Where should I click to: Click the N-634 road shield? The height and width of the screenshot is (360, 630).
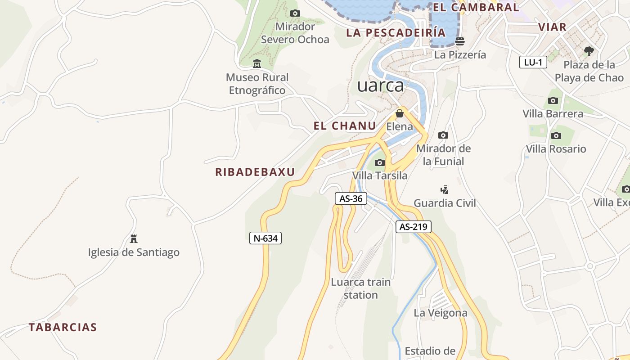click(x=265, y=238)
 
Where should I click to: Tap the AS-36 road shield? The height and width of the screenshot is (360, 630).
click(x=351, y=198)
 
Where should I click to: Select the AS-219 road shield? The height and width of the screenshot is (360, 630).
click(x=413, y=227)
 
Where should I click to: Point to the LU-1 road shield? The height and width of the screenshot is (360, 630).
click(x=533, y=62)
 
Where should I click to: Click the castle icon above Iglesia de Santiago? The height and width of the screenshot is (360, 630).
click(x=133, y=238)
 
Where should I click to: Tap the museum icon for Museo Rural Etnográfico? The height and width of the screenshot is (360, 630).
click(x=257, y=64)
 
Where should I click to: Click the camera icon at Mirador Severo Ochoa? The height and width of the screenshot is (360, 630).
click(x=295, y=13)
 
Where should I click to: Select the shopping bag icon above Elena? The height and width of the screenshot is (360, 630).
click(x=399, y=113)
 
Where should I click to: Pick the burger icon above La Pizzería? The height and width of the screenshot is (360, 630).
click(x=460, y=41)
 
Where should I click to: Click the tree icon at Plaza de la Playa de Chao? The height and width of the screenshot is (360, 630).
click(x=589, y=51)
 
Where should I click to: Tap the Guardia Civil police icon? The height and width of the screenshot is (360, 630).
click(x=444, y=189)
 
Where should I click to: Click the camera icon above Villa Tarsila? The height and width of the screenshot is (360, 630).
click(x=380, y=162)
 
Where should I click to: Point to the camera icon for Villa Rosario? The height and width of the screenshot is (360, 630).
click(x=556, y=135)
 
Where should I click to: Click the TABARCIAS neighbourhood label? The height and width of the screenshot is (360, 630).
click(x=63, y=327)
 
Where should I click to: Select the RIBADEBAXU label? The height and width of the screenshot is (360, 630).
click(x=255, y=172)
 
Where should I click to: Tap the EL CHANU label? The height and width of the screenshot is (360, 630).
click(x=345, y=126)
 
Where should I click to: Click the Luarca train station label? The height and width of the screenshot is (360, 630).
click(x=360, y=288)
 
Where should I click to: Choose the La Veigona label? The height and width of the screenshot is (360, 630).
click(x=441, y=313)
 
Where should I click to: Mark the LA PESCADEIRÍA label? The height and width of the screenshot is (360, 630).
click(x=396, y=32)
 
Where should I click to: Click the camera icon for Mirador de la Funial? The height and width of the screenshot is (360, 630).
click(x=443, y=135)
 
